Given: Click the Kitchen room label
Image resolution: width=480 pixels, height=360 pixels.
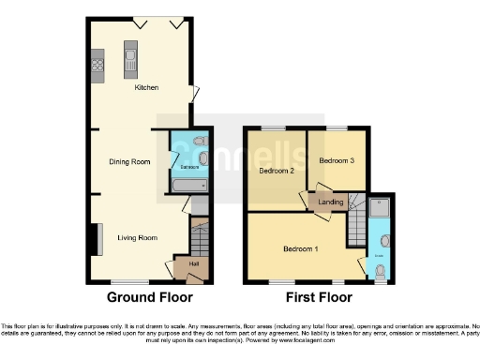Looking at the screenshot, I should (146, 88).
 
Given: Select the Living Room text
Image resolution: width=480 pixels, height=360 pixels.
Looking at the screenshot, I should (136, 238).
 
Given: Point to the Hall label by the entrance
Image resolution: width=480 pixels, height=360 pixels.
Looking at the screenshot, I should (194, 264).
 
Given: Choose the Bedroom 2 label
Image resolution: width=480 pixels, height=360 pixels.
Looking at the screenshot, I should (277, 172).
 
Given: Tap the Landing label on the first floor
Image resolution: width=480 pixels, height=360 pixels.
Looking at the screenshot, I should (330, 202).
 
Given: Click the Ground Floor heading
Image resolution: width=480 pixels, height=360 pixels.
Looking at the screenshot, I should (149, 297).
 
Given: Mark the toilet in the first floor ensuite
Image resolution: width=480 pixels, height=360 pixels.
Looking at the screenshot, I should (379, 271).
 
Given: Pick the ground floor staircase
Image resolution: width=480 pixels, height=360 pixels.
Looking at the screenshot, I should (198, 240).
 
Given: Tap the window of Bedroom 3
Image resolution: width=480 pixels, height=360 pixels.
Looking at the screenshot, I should (337, 127).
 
